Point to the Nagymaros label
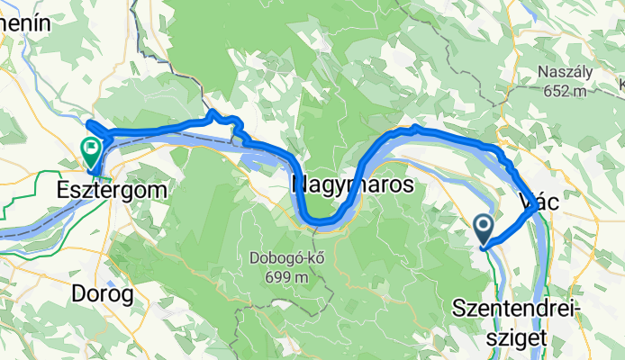352,185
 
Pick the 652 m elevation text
566,91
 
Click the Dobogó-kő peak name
280,260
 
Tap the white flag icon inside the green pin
92,148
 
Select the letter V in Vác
527,202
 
